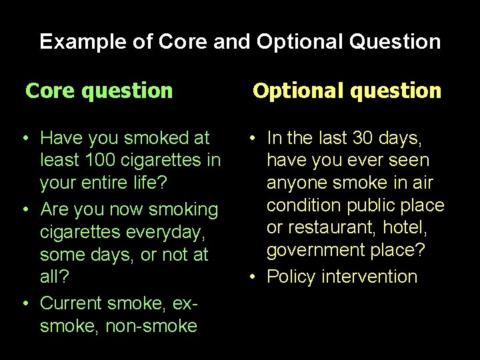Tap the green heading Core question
[99, 91]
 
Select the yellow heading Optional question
[347, 91]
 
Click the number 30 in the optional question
[365, 138]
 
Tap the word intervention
[371, 277]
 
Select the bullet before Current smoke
[25, 303]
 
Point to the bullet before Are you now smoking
[25, 209]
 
